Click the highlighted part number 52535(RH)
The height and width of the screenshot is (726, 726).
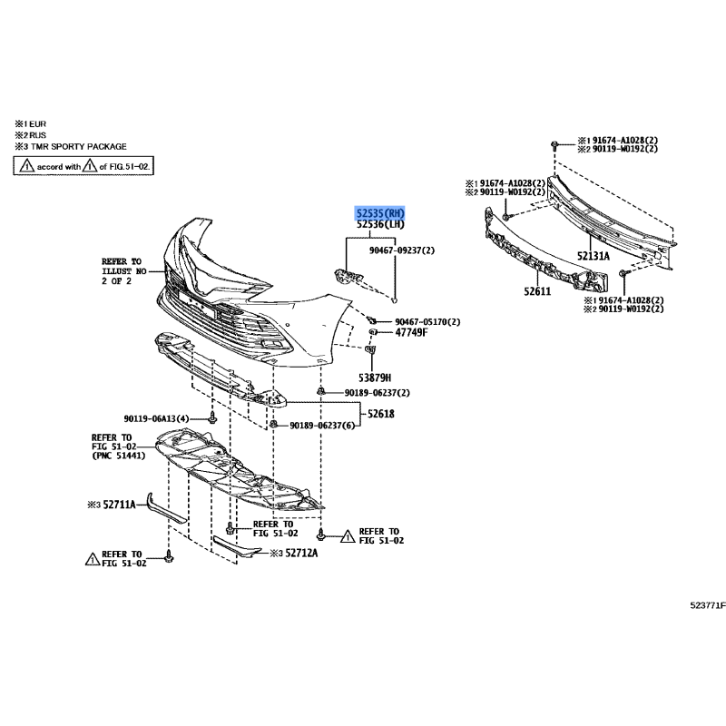pyautogui.click(x=380, y=213)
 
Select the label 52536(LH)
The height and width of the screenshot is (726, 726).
pyautogui.click(x=380, y=224)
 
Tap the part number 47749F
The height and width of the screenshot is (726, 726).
pyautogui.click(x=411, y=332)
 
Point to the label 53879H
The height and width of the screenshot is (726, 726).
pyautogui.click(x=375, y=378)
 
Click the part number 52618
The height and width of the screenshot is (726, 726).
pyautogui.click(x=381, y=414)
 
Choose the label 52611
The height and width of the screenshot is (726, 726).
pyautogui.click(x=537, y=291)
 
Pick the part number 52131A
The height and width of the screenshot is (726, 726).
pyautogui.click(x=594, y=256)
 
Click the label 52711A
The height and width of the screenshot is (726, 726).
pyautogui.click(x=119, y=505)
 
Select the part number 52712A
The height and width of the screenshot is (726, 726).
pyautogui.click(x=301, y=553)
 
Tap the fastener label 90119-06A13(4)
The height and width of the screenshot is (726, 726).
pyautogui.click(x=156, y=418)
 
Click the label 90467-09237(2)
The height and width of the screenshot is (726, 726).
pyautogui.click(x=402, y=250)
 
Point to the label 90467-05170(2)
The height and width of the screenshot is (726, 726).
pyautogui.click(x=427, y=322)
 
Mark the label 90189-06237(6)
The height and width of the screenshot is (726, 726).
pyautogui.click(x=322, y=425)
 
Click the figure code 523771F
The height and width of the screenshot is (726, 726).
pyautogui.click(x=708, y=605)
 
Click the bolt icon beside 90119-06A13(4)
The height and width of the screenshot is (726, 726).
pyautogui.click(x=212, y=417)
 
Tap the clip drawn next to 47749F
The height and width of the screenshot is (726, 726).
pyautogui.click(x=372, y=332)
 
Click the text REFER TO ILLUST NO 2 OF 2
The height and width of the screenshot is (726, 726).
pyautogui.click(x=123, y=271)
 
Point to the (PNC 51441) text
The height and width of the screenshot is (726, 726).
pyautogui.click(x=119, y=456)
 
